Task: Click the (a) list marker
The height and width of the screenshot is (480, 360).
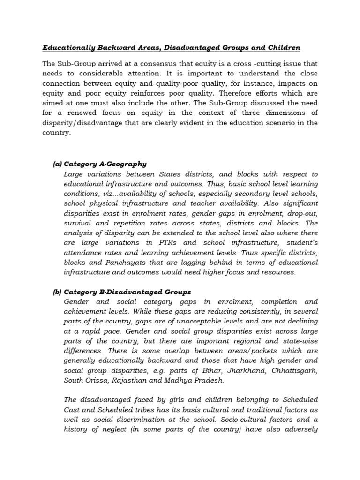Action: click(57, 164)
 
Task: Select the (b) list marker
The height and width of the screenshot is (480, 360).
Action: click(57, 292)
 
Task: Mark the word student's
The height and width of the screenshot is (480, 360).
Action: click(300, 243)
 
